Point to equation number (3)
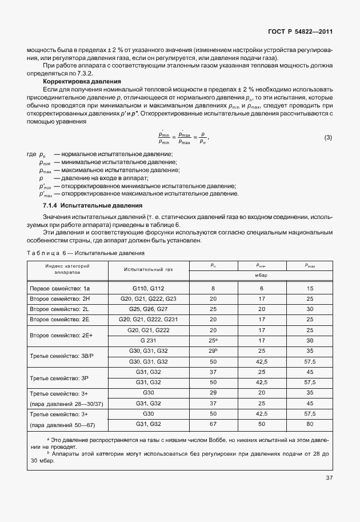tap(328, 138)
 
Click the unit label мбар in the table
tap(261, 274)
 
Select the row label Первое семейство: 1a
tap(60, 289)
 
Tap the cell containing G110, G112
tap(149, 289)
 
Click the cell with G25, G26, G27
tap(149, 309)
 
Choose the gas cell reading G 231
tap(149, 340)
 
